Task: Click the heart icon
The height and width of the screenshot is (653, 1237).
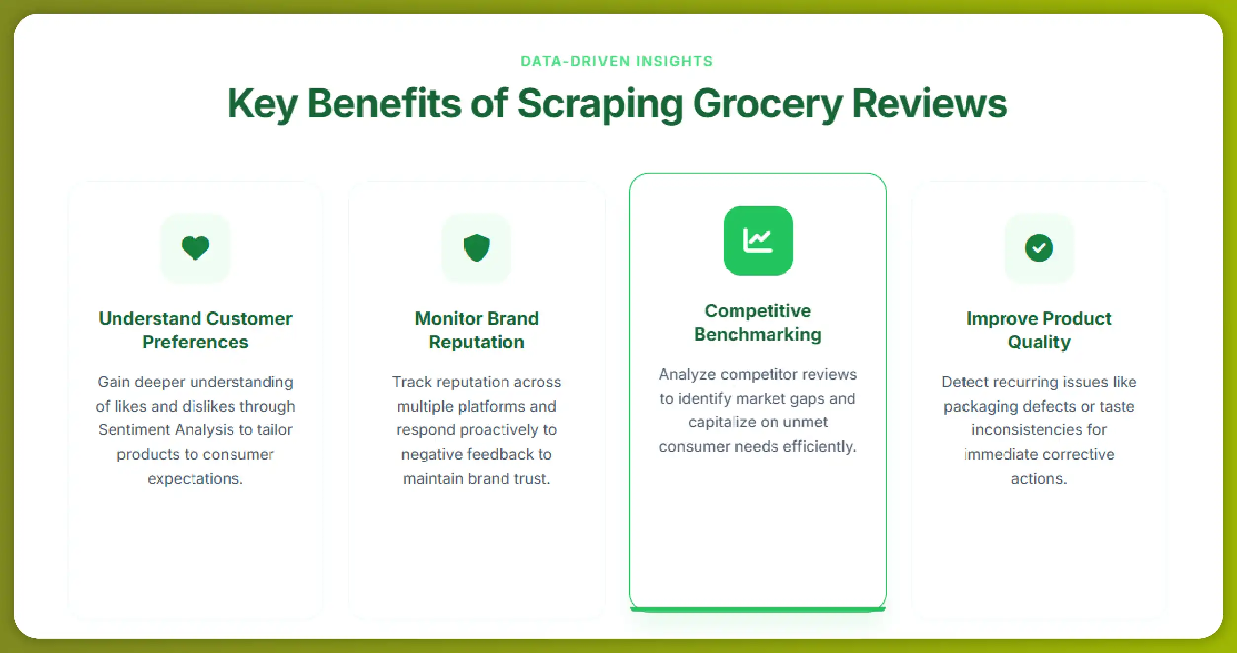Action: pyautogui.click(x=195, y=248)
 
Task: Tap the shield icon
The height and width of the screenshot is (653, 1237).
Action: pyautogui.click(x=476, y=248)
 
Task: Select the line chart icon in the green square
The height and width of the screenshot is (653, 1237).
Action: pyautogui.click(x=758, y=241)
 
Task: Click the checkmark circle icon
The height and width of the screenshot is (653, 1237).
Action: pyautogui.click(x=1039, y=248)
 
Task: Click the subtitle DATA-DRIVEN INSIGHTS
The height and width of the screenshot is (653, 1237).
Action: pyautogui.click(x=617, y=61)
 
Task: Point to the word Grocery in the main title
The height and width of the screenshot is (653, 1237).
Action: pyautogui.click(x=767, y=104)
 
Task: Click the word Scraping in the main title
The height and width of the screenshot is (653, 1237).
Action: pyautogui.click(x=600, y=104)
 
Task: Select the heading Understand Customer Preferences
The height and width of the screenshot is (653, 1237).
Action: pyautogui.click(x=195, y=330)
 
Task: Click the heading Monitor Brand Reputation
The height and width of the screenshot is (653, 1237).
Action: pyautogui.click(x=476, y=330)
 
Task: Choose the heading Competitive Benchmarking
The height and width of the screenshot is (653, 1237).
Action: pyautogui.click(x=758, y=322)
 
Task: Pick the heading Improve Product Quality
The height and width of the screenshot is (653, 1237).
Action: pyautogui.click(x=1039, y=330)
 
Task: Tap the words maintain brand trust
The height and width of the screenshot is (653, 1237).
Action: pyautogui.click(x=476, y=479)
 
